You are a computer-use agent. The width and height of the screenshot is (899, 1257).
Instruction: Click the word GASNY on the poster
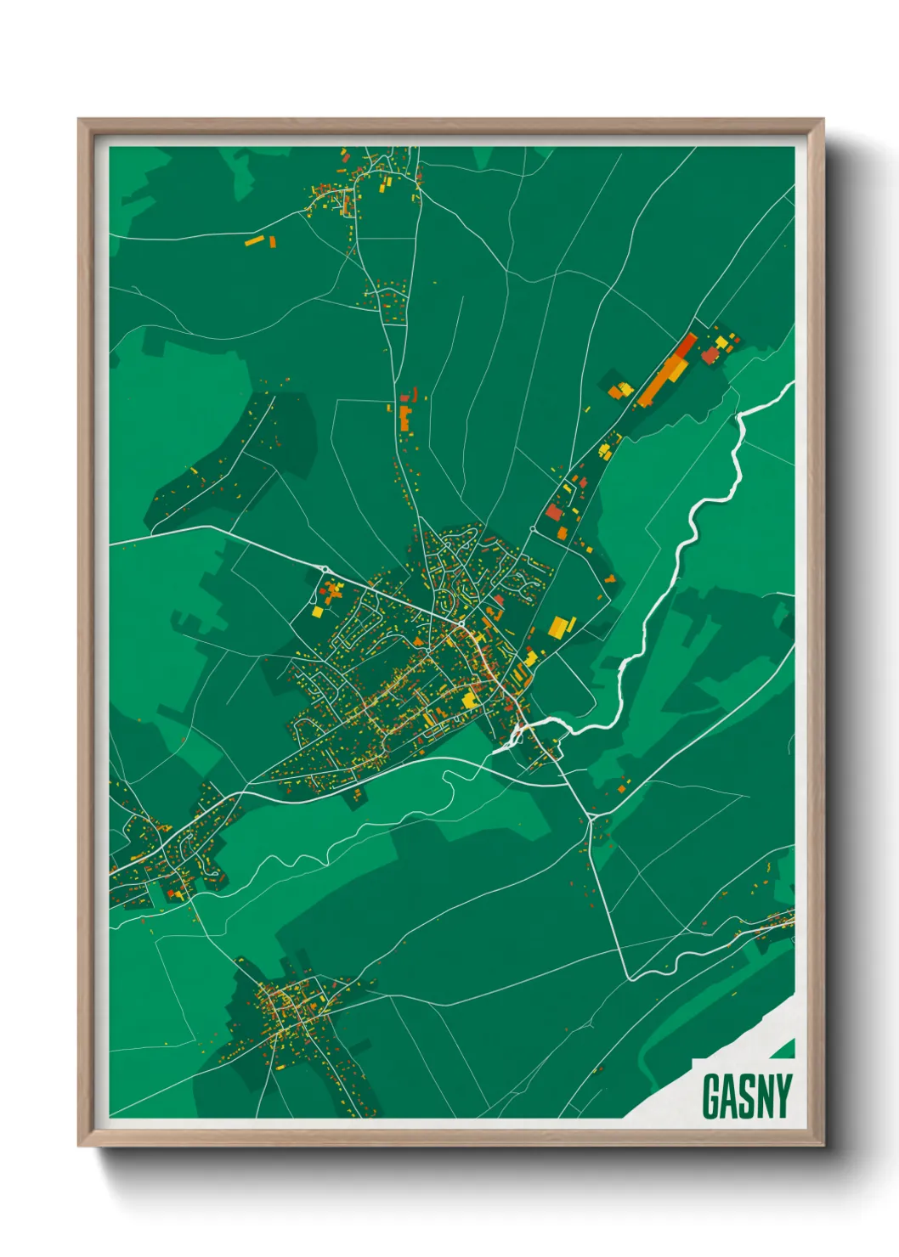coord(747,1096)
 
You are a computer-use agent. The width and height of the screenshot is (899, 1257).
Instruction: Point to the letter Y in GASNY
coord(782,1096)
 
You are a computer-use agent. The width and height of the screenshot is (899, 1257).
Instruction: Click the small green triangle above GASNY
coord(783,1050)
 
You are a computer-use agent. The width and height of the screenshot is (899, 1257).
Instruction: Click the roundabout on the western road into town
coord(325,569)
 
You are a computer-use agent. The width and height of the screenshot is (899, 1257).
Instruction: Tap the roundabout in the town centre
coord(460,626)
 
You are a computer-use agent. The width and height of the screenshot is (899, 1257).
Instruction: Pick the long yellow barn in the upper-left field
coord(255,241)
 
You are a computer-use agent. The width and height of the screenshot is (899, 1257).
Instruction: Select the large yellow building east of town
coord(557,627)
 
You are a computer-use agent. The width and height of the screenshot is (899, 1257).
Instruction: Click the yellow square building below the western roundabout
coord(317,611)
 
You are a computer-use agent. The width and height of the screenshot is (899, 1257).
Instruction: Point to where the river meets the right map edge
coord(793,385)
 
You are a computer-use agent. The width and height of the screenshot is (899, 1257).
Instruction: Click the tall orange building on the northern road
coord(405,420)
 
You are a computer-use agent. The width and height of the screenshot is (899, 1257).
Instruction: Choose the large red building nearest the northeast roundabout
coord(554,512)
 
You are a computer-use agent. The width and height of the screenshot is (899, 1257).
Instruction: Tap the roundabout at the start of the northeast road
coord(532,529)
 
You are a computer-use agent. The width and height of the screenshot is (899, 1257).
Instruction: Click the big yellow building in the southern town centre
coord(470,700)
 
